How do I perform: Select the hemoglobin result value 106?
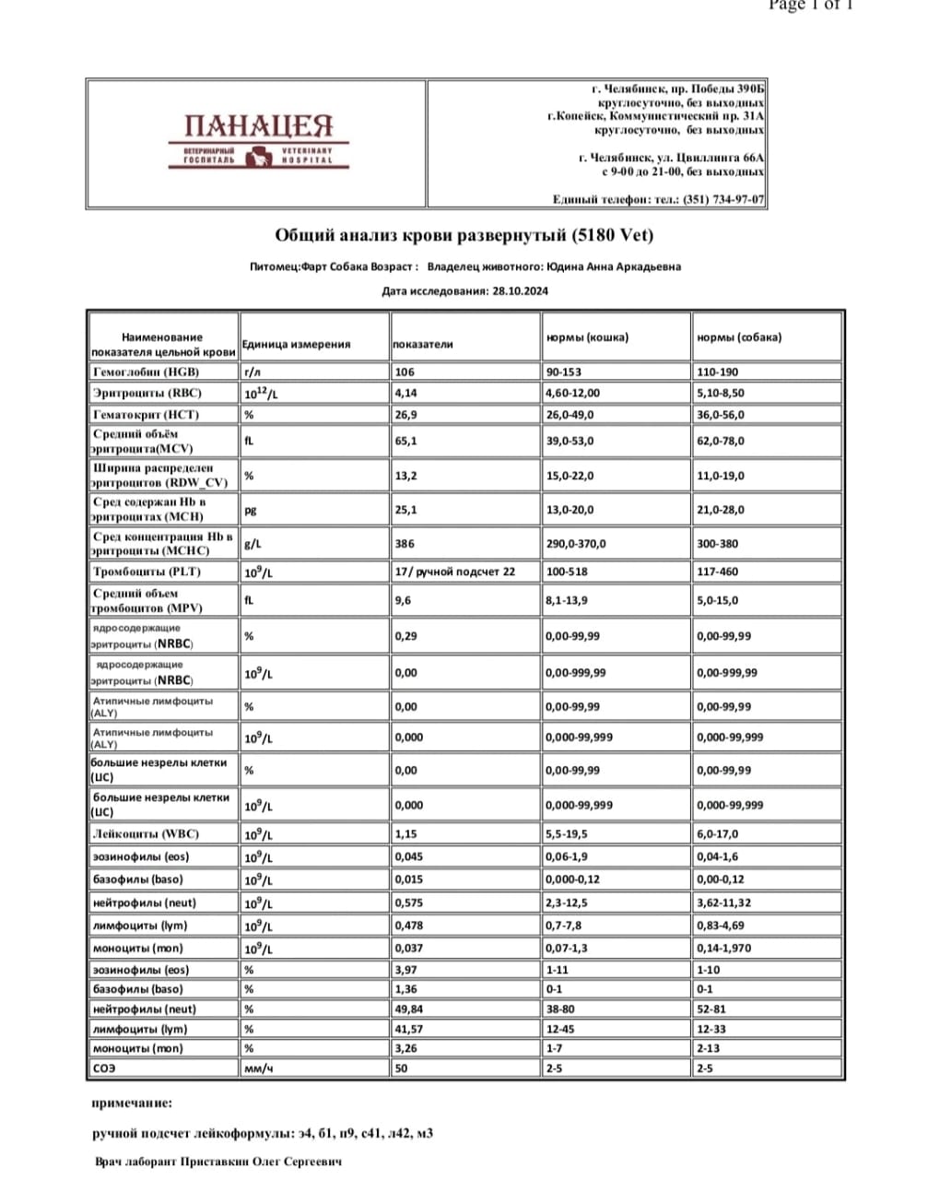pyautogui.click(x=405, y=372)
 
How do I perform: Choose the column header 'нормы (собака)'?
pyautogui.click(x=739, y=337)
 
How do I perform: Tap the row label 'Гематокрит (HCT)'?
pyautogui.click(x=146, y=415)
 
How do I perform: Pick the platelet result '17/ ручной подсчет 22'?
pyautogui.click(x=455, y=572)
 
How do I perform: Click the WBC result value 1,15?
pyautogui.click(x=405, y=834)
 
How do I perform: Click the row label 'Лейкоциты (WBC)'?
pyautogui.click(x=146, y=834)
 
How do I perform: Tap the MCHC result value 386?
pyautogui.click(x=405, y=544)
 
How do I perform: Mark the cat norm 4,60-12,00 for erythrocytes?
pyautogui.click(x=573, y=394)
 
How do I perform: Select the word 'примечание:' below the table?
pyautogui.click(x=132, y=1103)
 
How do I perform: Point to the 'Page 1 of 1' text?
pyautogui.click(x=812, y=6)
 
